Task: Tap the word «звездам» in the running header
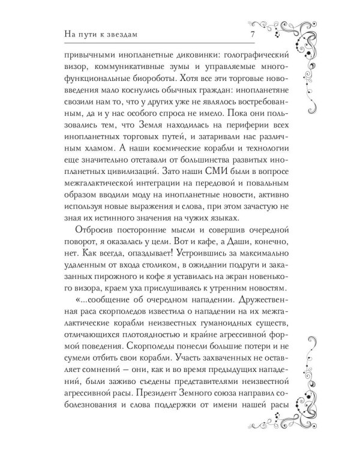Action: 112,33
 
